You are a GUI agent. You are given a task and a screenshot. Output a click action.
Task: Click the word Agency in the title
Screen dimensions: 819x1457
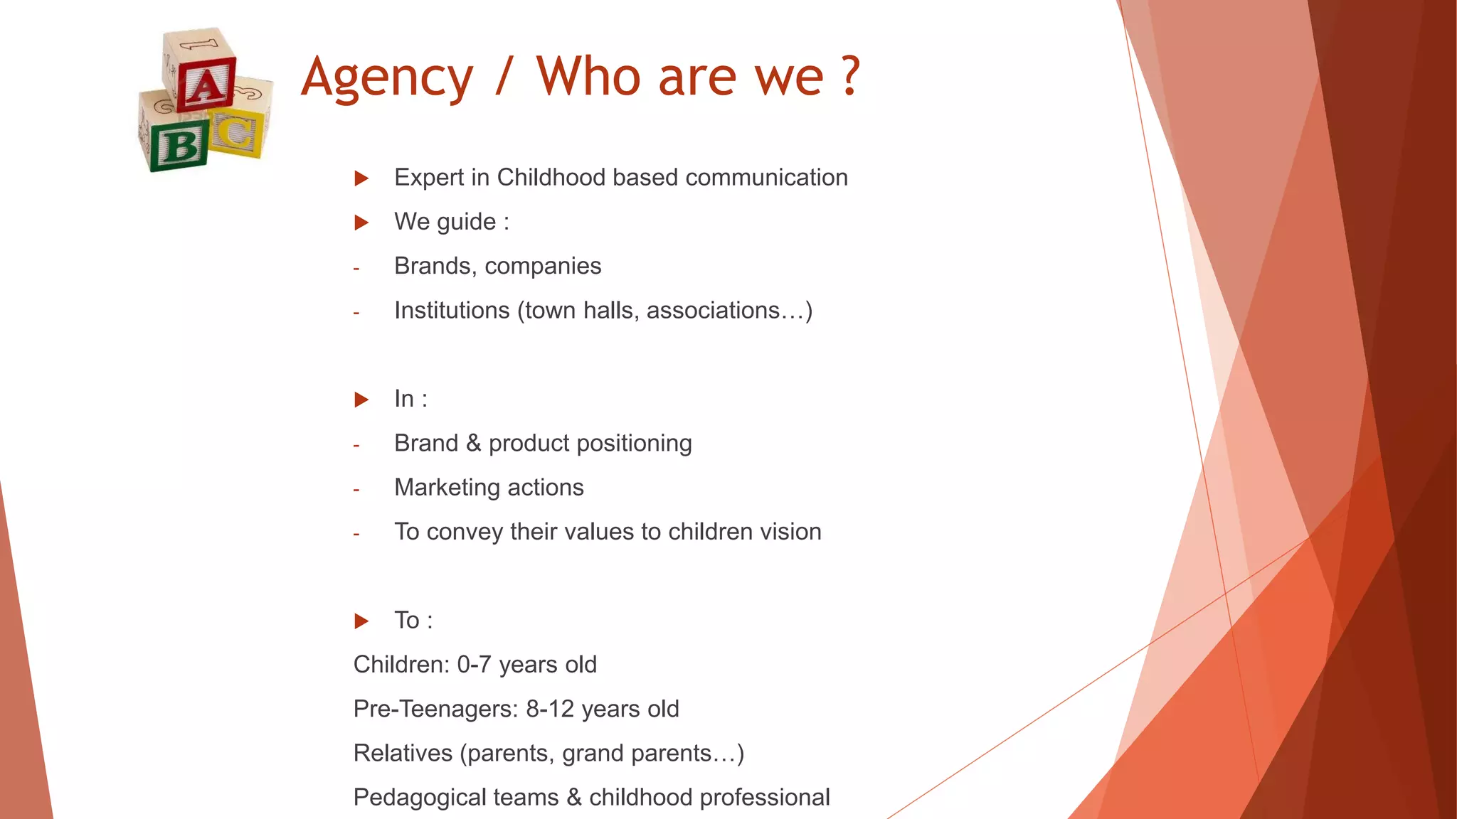(386, 78)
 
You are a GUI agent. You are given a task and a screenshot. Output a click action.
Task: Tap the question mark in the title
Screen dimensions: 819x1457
(850, 77)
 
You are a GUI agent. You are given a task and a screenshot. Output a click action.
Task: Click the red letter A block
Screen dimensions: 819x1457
(206, 85)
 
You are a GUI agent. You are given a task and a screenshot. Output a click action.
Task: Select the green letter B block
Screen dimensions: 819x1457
(180, 145)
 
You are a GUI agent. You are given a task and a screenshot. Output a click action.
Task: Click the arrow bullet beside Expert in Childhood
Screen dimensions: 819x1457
(361, 178)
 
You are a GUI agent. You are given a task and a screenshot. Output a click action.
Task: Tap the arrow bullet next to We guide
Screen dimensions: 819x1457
(361, 223)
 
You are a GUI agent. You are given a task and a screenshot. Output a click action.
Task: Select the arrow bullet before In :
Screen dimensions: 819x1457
(361, 400)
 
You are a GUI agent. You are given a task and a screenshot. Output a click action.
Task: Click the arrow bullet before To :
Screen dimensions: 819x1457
(361, 621)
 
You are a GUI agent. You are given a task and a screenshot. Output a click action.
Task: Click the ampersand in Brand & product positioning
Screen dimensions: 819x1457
(473, 444)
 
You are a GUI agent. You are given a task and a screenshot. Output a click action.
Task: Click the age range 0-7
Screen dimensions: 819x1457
(474, 665)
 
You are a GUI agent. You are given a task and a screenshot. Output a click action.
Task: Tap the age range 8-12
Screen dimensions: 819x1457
(550, 709)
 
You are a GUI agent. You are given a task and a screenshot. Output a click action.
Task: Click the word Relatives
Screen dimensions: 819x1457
(403, 753)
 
